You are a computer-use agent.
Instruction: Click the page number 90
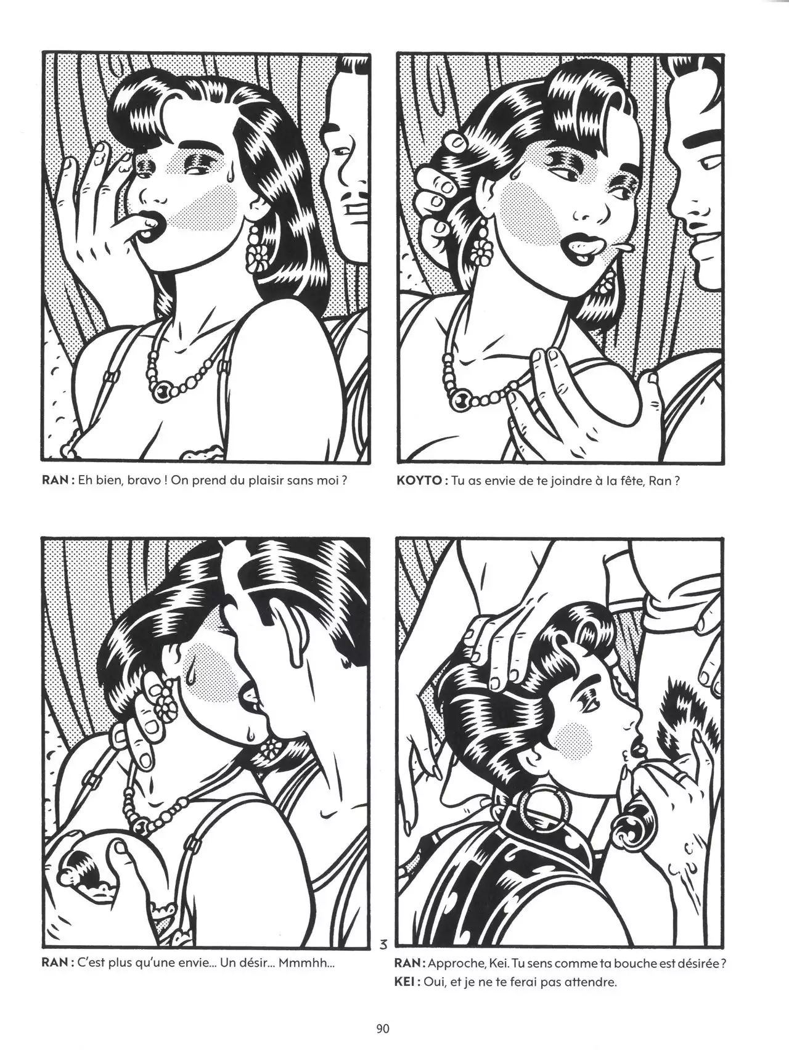(382, 1028)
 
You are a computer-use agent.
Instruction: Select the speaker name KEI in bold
(406, 999)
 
